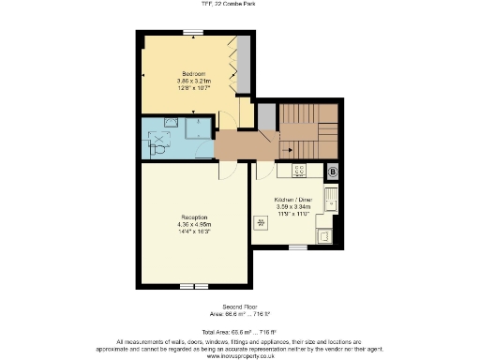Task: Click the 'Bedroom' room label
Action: (194, 72)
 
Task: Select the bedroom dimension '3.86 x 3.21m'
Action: (195, 81)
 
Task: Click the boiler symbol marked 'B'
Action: (332, 172)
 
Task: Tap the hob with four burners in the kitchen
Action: (299, 171)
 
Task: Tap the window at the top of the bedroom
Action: (194, 33)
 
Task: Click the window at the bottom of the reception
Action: (193, 285)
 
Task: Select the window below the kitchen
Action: (297, 247)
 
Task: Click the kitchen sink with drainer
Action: (330, 200)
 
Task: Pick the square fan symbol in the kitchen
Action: (261, 223)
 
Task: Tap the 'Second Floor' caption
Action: (239, 306)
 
